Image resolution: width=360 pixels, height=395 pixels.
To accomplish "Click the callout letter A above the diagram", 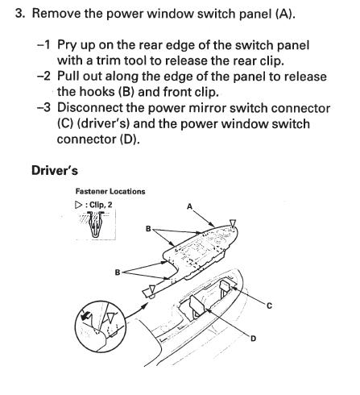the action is click(189, 206).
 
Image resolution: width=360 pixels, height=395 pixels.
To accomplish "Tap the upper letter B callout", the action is click(148, 229).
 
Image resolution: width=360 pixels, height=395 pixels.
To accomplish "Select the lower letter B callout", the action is click(118, 272).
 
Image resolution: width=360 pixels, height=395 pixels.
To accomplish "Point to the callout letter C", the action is click(269, 306).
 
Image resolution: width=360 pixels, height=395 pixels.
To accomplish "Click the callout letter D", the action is click(253, 339).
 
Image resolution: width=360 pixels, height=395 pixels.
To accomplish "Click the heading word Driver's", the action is click(55, 170).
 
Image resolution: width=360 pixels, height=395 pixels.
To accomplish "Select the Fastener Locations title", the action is click(110, 191).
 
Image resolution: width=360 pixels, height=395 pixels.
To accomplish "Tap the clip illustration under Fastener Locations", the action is click(96, 224).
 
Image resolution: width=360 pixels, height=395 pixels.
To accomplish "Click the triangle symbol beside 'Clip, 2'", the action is click(78, 206).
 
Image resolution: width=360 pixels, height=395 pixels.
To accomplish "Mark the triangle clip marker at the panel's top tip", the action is click(233, 223).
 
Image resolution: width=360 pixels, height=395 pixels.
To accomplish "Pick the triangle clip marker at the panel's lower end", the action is click(152, 289).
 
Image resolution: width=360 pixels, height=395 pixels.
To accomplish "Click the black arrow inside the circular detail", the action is click(85, 315).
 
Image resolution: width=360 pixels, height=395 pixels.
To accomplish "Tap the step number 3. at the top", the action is click(20, 14).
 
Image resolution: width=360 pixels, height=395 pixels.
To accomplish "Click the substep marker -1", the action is click(43, 45).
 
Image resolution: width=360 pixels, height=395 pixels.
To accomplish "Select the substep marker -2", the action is click(43, 77).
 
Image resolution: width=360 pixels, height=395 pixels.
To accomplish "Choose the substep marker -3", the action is click(43, 108).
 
